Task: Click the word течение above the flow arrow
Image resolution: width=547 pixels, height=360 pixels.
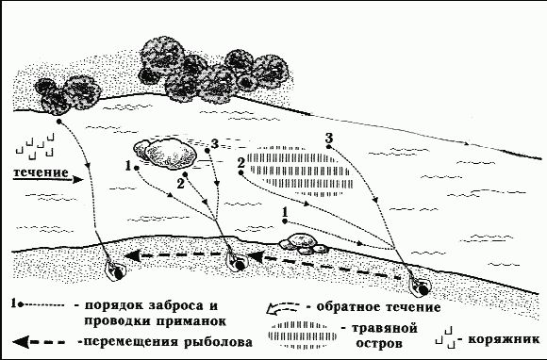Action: (x=39, y=172)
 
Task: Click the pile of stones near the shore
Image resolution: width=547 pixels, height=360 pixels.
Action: (x=305, y=241)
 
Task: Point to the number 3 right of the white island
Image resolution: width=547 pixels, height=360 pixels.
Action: (x=215, y=143)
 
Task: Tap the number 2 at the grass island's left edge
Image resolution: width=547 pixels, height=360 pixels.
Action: (x=241, y=162)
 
